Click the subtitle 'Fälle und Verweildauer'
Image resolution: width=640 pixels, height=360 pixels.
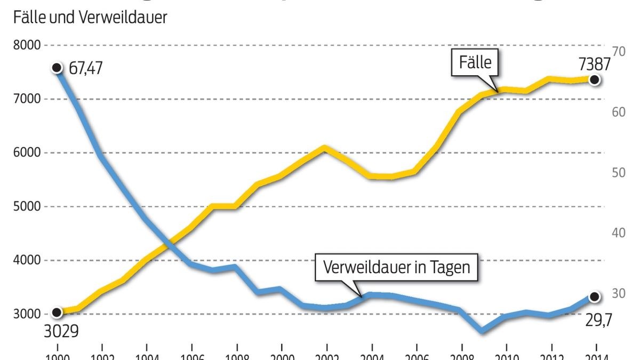pos(90,18)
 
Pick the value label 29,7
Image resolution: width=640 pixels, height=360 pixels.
pos(599,320)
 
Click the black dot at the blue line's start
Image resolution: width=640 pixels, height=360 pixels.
pos(57,68)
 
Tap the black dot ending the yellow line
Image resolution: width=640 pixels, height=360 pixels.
pos(595,80)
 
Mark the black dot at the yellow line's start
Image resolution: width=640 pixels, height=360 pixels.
pos(57,313)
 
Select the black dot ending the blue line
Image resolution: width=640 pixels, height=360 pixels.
pos(595,297)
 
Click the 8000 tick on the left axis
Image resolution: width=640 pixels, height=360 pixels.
pos(27,46)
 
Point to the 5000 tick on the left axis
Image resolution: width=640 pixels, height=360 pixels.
pos(27,207)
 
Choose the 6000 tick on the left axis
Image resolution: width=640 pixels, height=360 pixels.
pos(27,153)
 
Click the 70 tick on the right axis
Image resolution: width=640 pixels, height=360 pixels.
pos(619,51)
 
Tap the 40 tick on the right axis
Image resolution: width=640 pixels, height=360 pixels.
pos(619,233)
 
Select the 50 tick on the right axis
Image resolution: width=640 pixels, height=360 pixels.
pos(619,172)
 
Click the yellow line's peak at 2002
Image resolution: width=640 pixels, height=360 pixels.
pos(325,147)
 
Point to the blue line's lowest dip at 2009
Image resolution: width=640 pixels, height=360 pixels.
pos(482,331)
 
